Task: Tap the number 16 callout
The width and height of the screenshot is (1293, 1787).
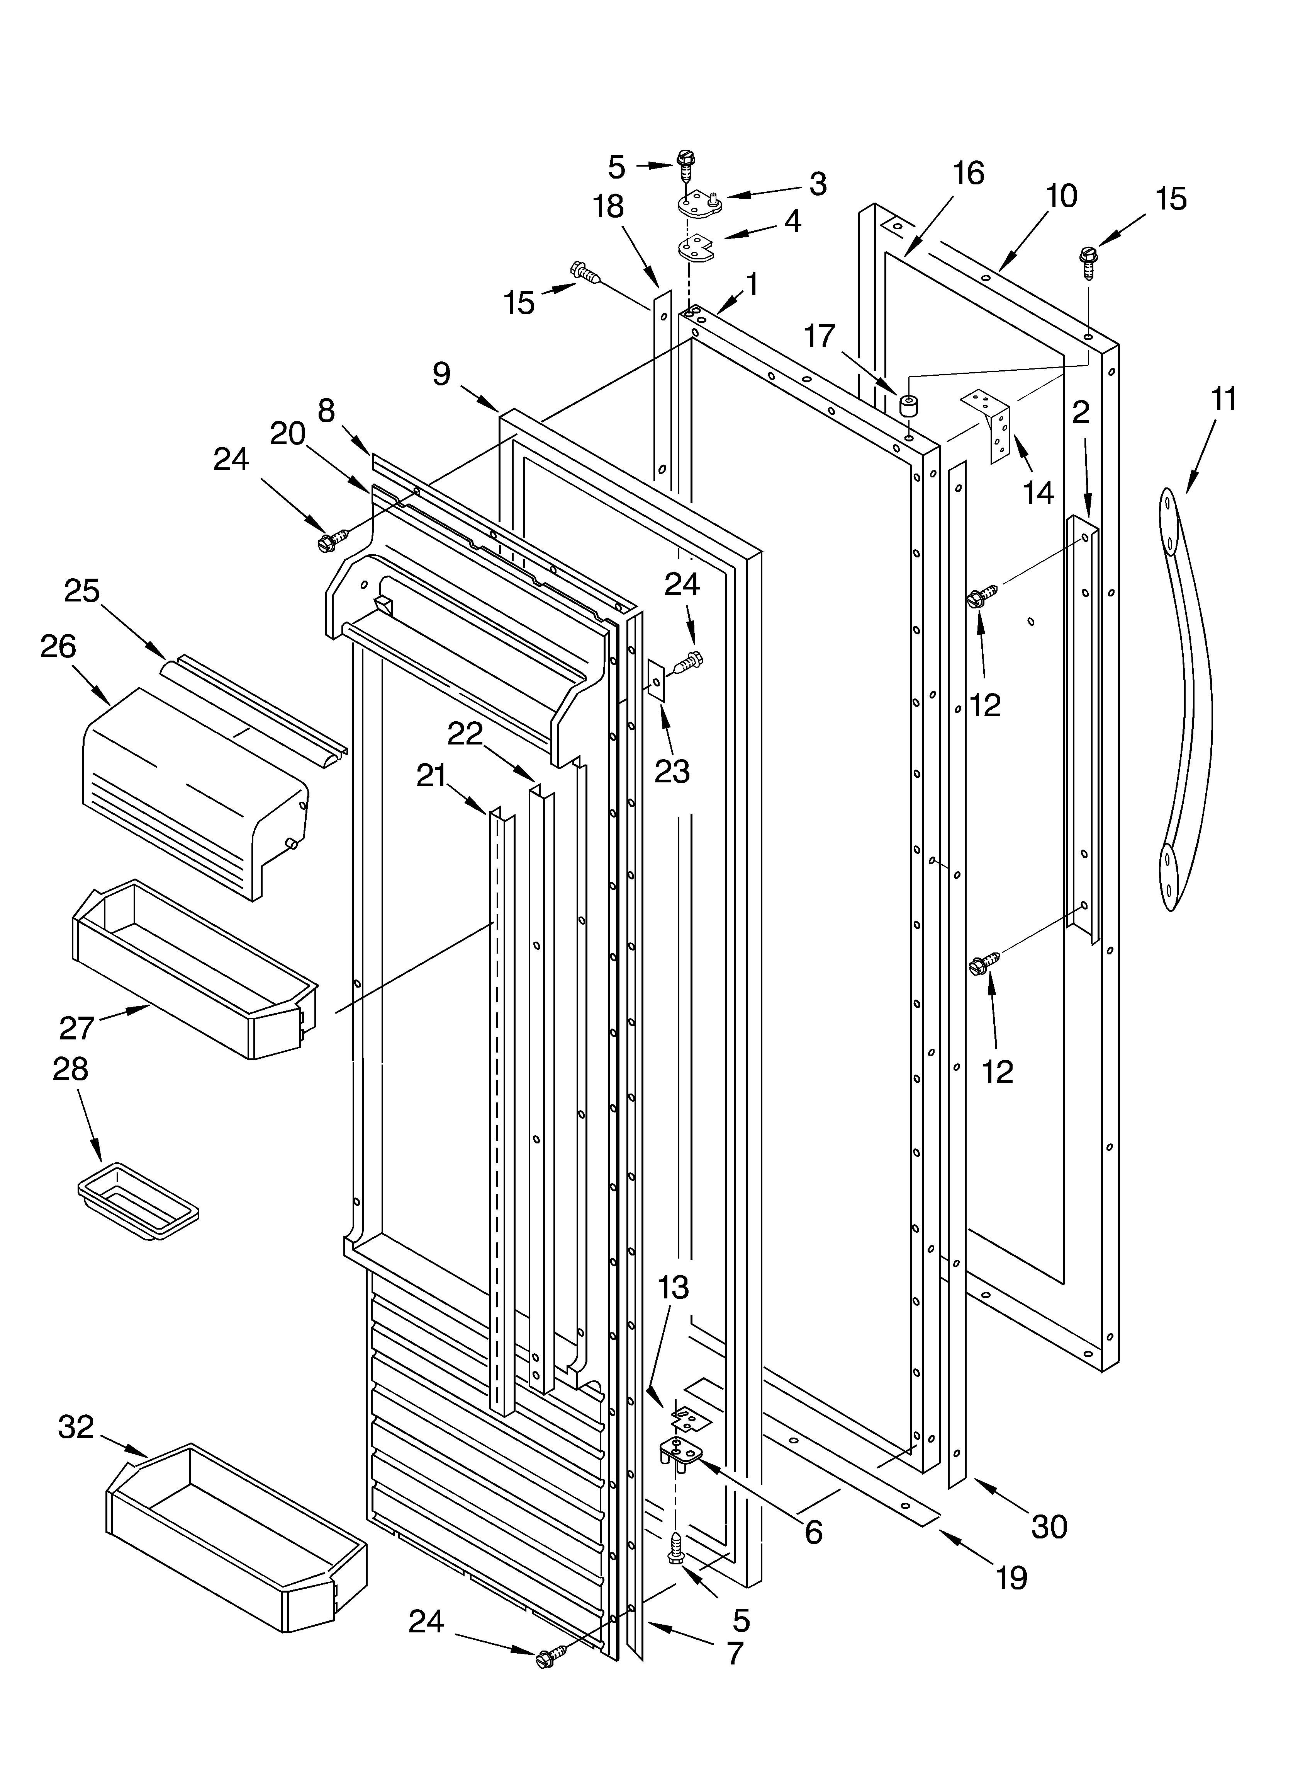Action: [x=969, y=172]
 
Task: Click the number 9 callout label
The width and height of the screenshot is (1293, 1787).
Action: [x=442, y=373]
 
